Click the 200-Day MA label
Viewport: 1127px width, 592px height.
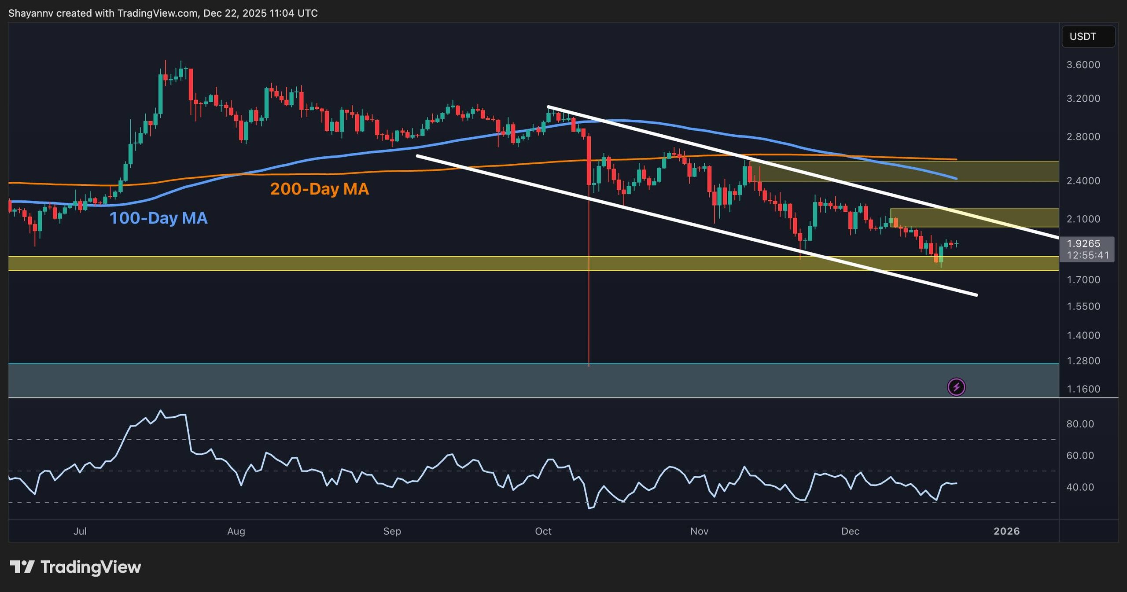pyautogui.click(x=319, y=189)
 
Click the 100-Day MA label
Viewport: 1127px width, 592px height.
pyautogui.click(x=158, y=218)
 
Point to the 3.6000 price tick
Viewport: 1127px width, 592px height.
pyautogui.click(x=1083, y=65)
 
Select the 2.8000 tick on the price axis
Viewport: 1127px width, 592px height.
pyautogui.click(x=1083, y=137)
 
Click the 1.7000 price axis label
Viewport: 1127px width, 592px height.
pyautogui.click(x=1083, y=280)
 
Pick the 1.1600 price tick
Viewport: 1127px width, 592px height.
pyautogui.click(x=1083, y=389)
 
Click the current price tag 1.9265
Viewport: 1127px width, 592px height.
pyautogui.click(x=1083, y=243)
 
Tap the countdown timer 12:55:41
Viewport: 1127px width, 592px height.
pyautogui.click(x=1087, y=255)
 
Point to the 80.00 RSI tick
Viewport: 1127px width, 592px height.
pyautogui.click(x=1080, y=424)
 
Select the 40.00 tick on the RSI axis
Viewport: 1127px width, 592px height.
pyautogui.click(x=1080, y=487)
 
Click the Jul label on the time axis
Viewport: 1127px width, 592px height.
pyautogui.click(x=80, y=531)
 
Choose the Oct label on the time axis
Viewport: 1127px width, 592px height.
pyautogui.click(x=543, y=531)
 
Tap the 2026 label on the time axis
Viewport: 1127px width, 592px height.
pyautogui.click(x=1006, y=531)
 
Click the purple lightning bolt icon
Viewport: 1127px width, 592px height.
pyautogui.click(x=956, y=387)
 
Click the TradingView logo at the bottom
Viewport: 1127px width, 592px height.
pyautogui.click(x=75, y=567)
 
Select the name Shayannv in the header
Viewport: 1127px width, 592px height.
pyautogui.click(x=30, y=13)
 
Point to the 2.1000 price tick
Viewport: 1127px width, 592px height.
pyautogui.click(x=1083, y=219)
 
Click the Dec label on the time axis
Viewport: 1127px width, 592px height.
pyautogui.click(x=850, y=531)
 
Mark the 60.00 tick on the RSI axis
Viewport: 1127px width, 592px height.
pyautogui.click(x=1080, y=456)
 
